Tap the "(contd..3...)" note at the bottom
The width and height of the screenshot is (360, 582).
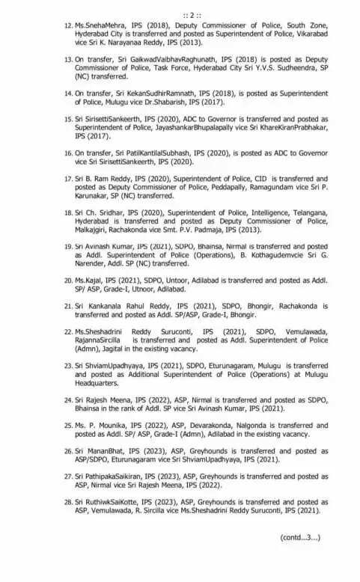pyautogui.click(x=300, y=537)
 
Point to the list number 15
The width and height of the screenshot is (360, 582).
pyautogui.click(x=68, y=118)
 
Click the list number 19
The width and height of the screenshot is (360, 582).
pyautogui.click(x=68, y=246)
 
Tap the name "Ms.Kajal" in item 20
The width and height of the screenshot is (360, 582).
pyautogui.click(x=90, y=280)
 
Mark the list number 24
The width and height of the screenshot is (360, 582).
pyautogui.click(x=68, y=400)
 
